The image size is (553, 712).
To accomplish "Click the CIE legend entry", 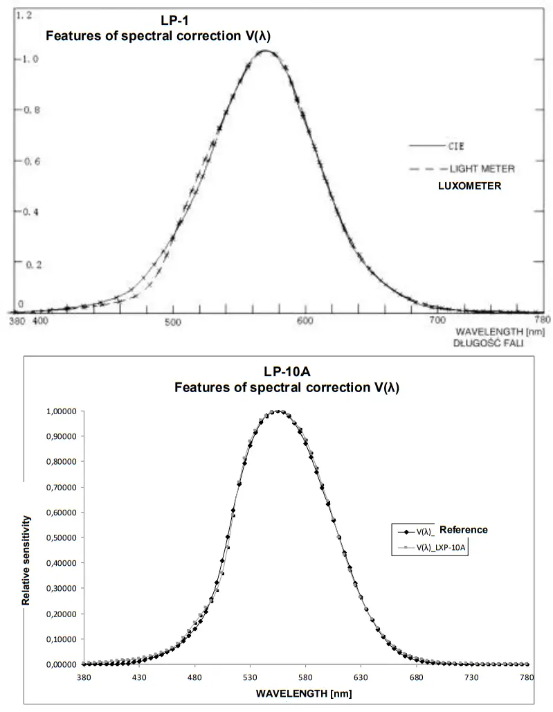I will coord(455,146).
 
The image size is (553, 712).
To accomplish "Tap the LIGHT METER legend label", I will coord(482,168).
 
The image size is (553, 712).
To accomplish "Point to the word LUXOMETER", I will coord(469,186).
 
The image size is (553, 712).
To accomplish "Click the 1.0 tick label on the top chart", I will coord(25,60).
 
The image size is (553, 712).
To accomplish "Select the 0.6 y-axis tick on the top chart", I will coord(25,161).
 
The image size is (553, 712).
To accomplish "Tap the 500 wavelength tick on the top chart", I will coord(172,321).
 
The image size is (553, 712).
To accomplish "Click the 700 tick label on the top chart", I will coord(437,321).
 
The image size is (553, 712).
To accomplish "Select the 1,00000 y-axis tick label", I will coord(62,411).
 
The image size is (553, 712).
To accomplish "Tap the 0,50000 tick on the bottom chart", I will coord(62,537).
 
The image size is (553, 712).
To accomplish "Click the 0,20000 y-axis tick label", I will coord(62,614).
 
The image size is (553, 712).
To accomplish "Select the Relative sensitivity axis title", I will coord(27,560).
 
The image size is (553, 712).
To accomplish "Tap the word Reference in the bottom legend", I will coord(463,530).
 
